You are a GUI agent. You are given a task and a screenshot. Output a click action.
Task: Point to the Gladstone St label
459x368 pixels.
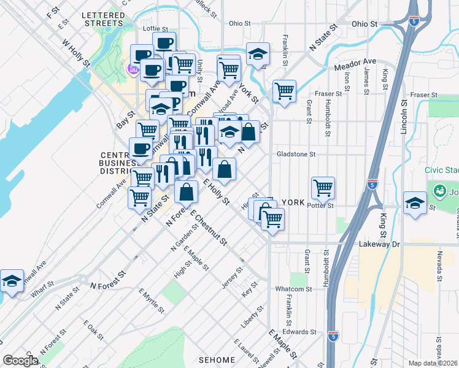(296, 155)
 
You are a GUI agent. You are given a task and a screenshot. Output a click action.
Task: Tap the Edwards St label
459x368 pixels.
(300, 331)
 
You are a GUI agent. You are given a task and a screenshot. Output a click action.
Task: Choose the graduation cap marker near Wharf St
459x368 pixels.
(12, 281)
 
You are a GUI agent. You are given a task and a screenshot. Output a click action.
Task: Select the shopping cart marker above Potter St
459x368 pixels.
(323, 187)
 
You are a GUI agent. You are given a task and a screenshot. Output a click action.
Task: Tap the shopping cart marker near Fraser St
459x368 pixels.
(284, 91)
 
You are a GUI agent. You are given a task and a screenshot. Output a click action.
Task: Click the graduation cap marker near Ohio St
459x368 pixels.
(258, 55)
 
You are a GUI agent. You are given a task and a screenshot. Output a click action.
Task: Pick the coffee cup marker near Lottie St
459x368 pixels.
(164, 44)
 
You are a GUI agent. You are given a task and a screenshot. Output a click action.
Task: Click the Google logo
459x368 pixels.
(20, 361)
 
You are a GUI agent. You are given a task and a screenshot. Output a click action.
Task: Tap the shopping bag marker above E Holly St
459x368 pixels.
(225, 169)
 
